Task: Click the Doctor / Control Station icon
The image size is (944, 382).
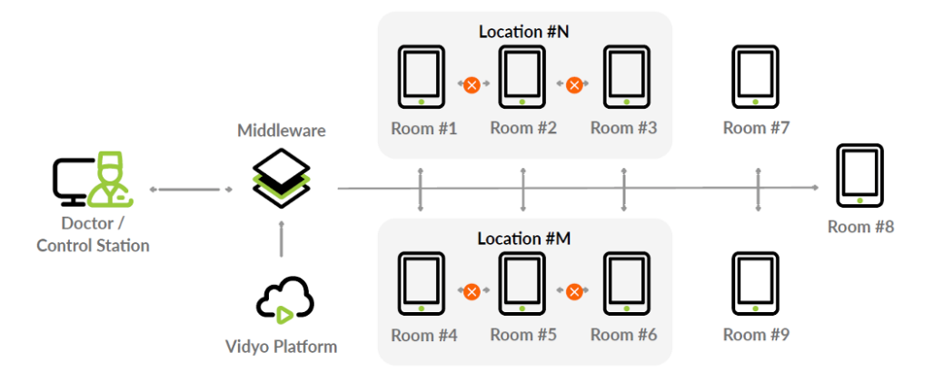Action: pyautogui.click(x=92, y=180)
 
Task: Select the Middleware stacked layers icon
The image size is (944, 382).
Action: pyautogui.click(x=282, y=178)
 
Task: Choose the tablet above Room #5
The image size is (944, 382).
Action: pyautogui.click(x=523, y=285)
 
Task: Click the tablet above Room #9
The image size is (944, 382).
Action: pyautogui.click(x=756, y=285)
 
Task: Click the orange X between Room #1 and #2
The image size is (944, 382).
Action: pyautogui.click(x=472, y=84)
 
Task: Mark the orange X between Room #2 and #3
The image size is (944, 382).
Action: pyautogui.click(x=574, y=84)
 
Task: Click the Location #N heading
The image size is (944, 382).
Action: pyautogui.click(x=523, y=32)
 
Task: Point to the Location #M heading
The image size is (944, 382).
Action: pyautogui.click(x=523, y=239)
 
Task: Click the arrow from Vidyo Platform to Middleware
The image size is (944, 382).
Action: pyautogui.click(x=282, y=242)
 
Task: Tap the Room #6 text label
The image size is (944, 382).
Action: pyautogui.click(x=623, y=335)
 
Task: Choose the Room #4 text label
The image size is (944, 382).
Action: pyautogui.click(x=423, y=335)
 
